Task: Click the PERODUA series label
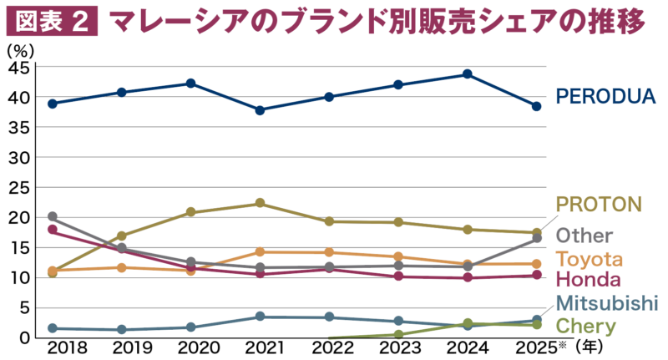tap(606, 97)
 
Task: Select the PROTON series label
tap(598, 204)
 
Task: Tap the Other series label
tap(584, 236)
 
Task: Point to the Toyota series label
tap(590, 258)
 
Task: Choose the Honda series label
tap(588, 280)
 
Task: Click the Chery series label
tap(586, 326)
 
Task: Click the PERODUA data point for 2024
tap(468, 74)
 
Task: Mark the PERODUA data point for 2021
tap(261, 110)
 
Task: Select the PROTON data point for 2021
tap(261, 203)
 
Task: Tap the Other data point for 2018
tap(52, 217)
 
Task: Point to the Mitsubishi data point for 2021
tap(261, 317)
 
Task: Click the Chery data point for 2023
tap(399, 334)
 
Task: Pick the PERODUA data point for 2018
tap(52, 104)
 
